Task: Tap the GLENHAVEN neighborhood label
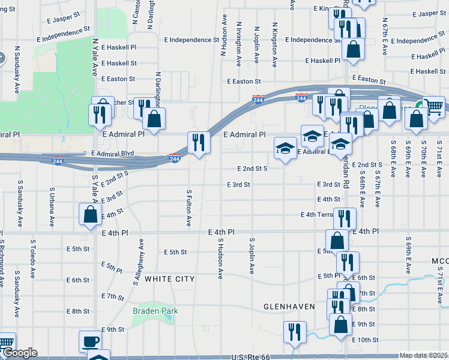(289, 307)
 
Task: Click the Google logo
(19, 353)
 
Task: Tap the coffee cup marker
(90, 341)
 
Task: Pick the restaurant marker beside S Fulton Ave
(199, 143)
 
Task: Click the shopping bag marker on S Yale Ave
(90, 215)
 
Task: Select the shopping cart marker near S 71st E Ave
(433, 107)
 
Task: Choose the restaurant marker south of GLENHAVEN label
(294, 332)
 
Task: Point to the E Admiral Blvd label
(112, 154)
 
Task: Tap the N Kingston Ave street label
(275, 44)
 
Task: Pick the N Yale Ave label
(95, 57)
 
